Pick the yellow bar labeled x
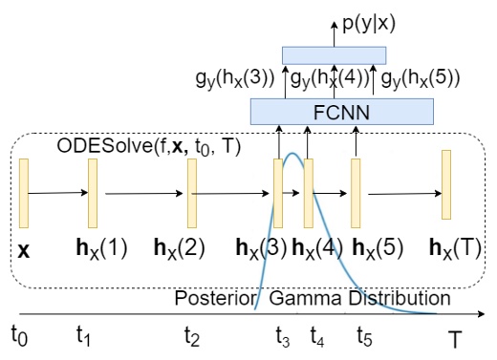pos(24,194)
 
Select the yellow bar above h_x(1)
pos(93,193)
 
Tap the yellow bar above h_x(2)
pos(191,193)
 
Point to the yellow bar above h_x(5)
pos(356,193)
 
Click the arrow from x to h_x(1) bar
pos(58,194)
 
